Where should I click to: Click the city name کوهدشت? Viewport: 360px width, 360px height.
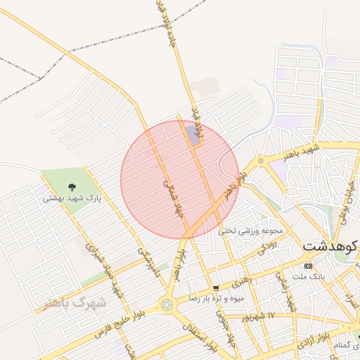tap(330, 247)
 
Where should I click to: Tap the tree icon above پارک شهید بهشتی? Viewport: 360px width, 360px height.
tap(72, 187)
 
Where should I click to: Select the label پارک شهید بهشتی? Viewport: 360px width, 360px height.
tap(72, 198)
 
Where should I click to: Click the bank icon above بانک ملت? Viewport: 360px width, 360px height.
tap(309, 266)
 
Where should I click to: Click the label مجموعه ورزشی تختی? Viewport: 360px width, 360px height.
tap(250, 230)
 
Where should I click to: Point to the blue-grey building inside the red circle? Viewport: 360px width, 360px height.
tap(192, 133)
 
